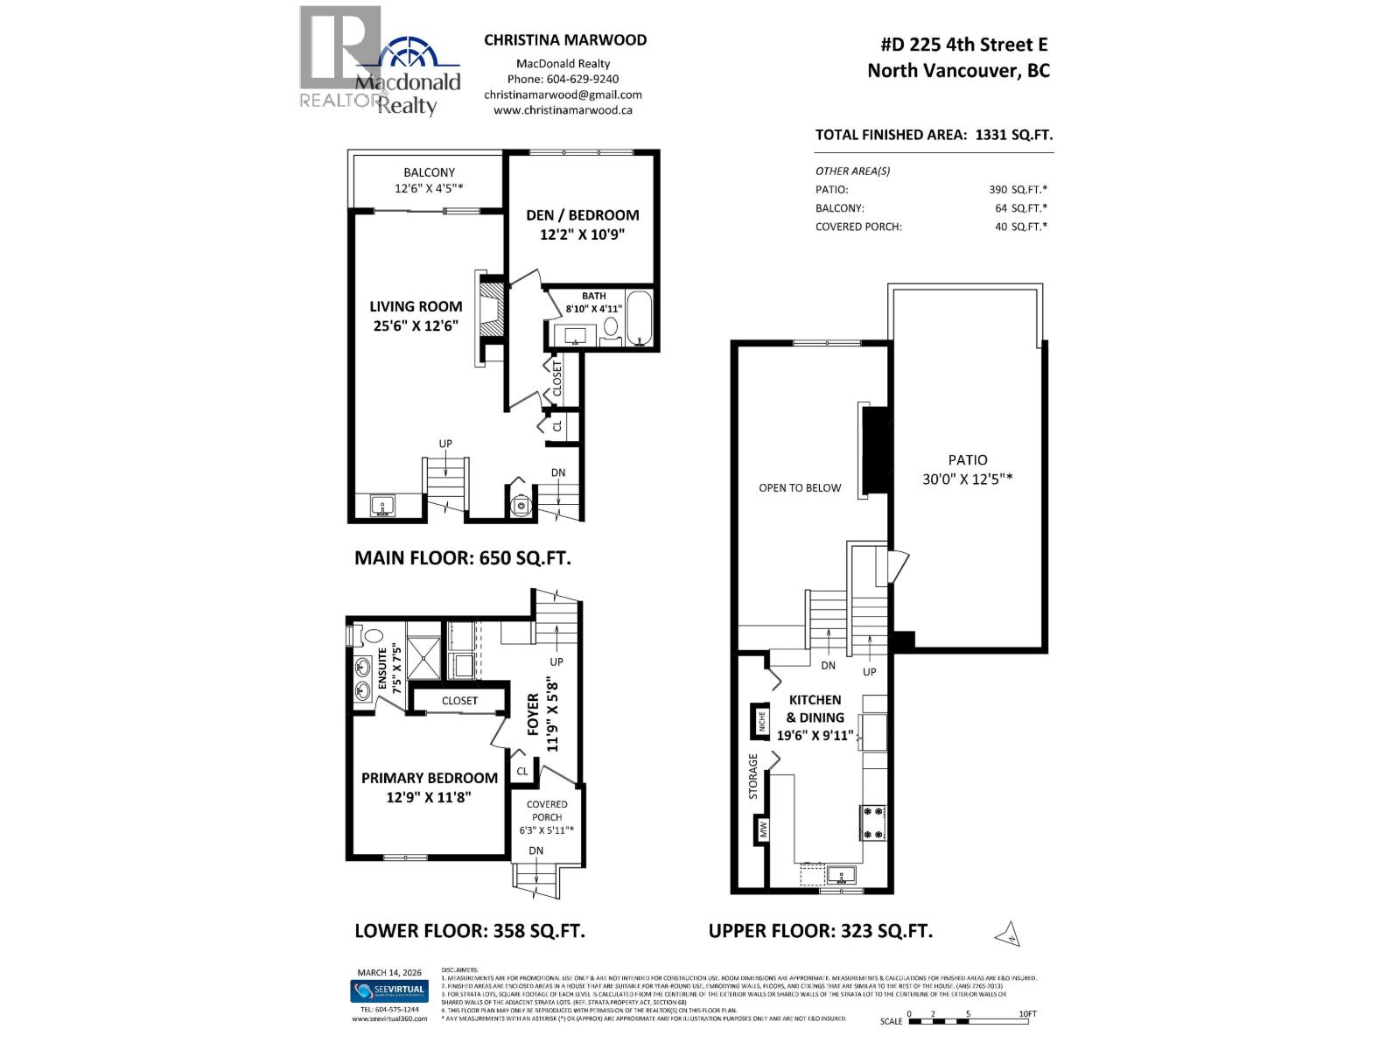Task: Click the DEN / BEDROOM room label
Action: click(582, 215)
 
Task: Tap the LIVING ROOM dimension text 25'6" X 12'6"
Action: click(416, 326)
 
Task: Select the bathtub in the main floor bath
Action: click(638, 320)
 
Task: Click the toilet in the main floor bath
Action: click(611, 328)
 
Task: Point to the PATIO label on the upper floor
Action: click(967, 459)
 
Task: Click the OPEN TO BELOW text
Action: click(799, 488)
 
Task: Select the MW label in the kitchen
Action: click(762, 829)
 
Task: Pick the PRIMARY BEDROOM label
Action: click(429, 778)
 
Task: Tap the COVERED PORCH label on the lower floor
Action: click(547, 810)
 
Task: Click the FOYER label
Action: click(533, 715)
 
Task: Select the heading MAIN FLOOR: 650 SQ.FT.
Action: click(462, 558)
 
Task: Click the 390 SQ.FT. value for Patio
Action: click(1018, 190)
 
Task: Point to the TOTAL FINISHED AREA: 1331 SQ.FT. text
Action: click(934, 135)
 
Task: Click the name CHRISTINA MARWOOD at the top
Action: click(565, 39)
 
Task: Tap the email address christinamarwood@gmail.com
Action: click(563, 94)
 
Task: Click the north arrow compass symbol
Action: click(1008, 934)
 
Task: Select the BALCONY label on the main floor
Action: click(429, 172)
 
